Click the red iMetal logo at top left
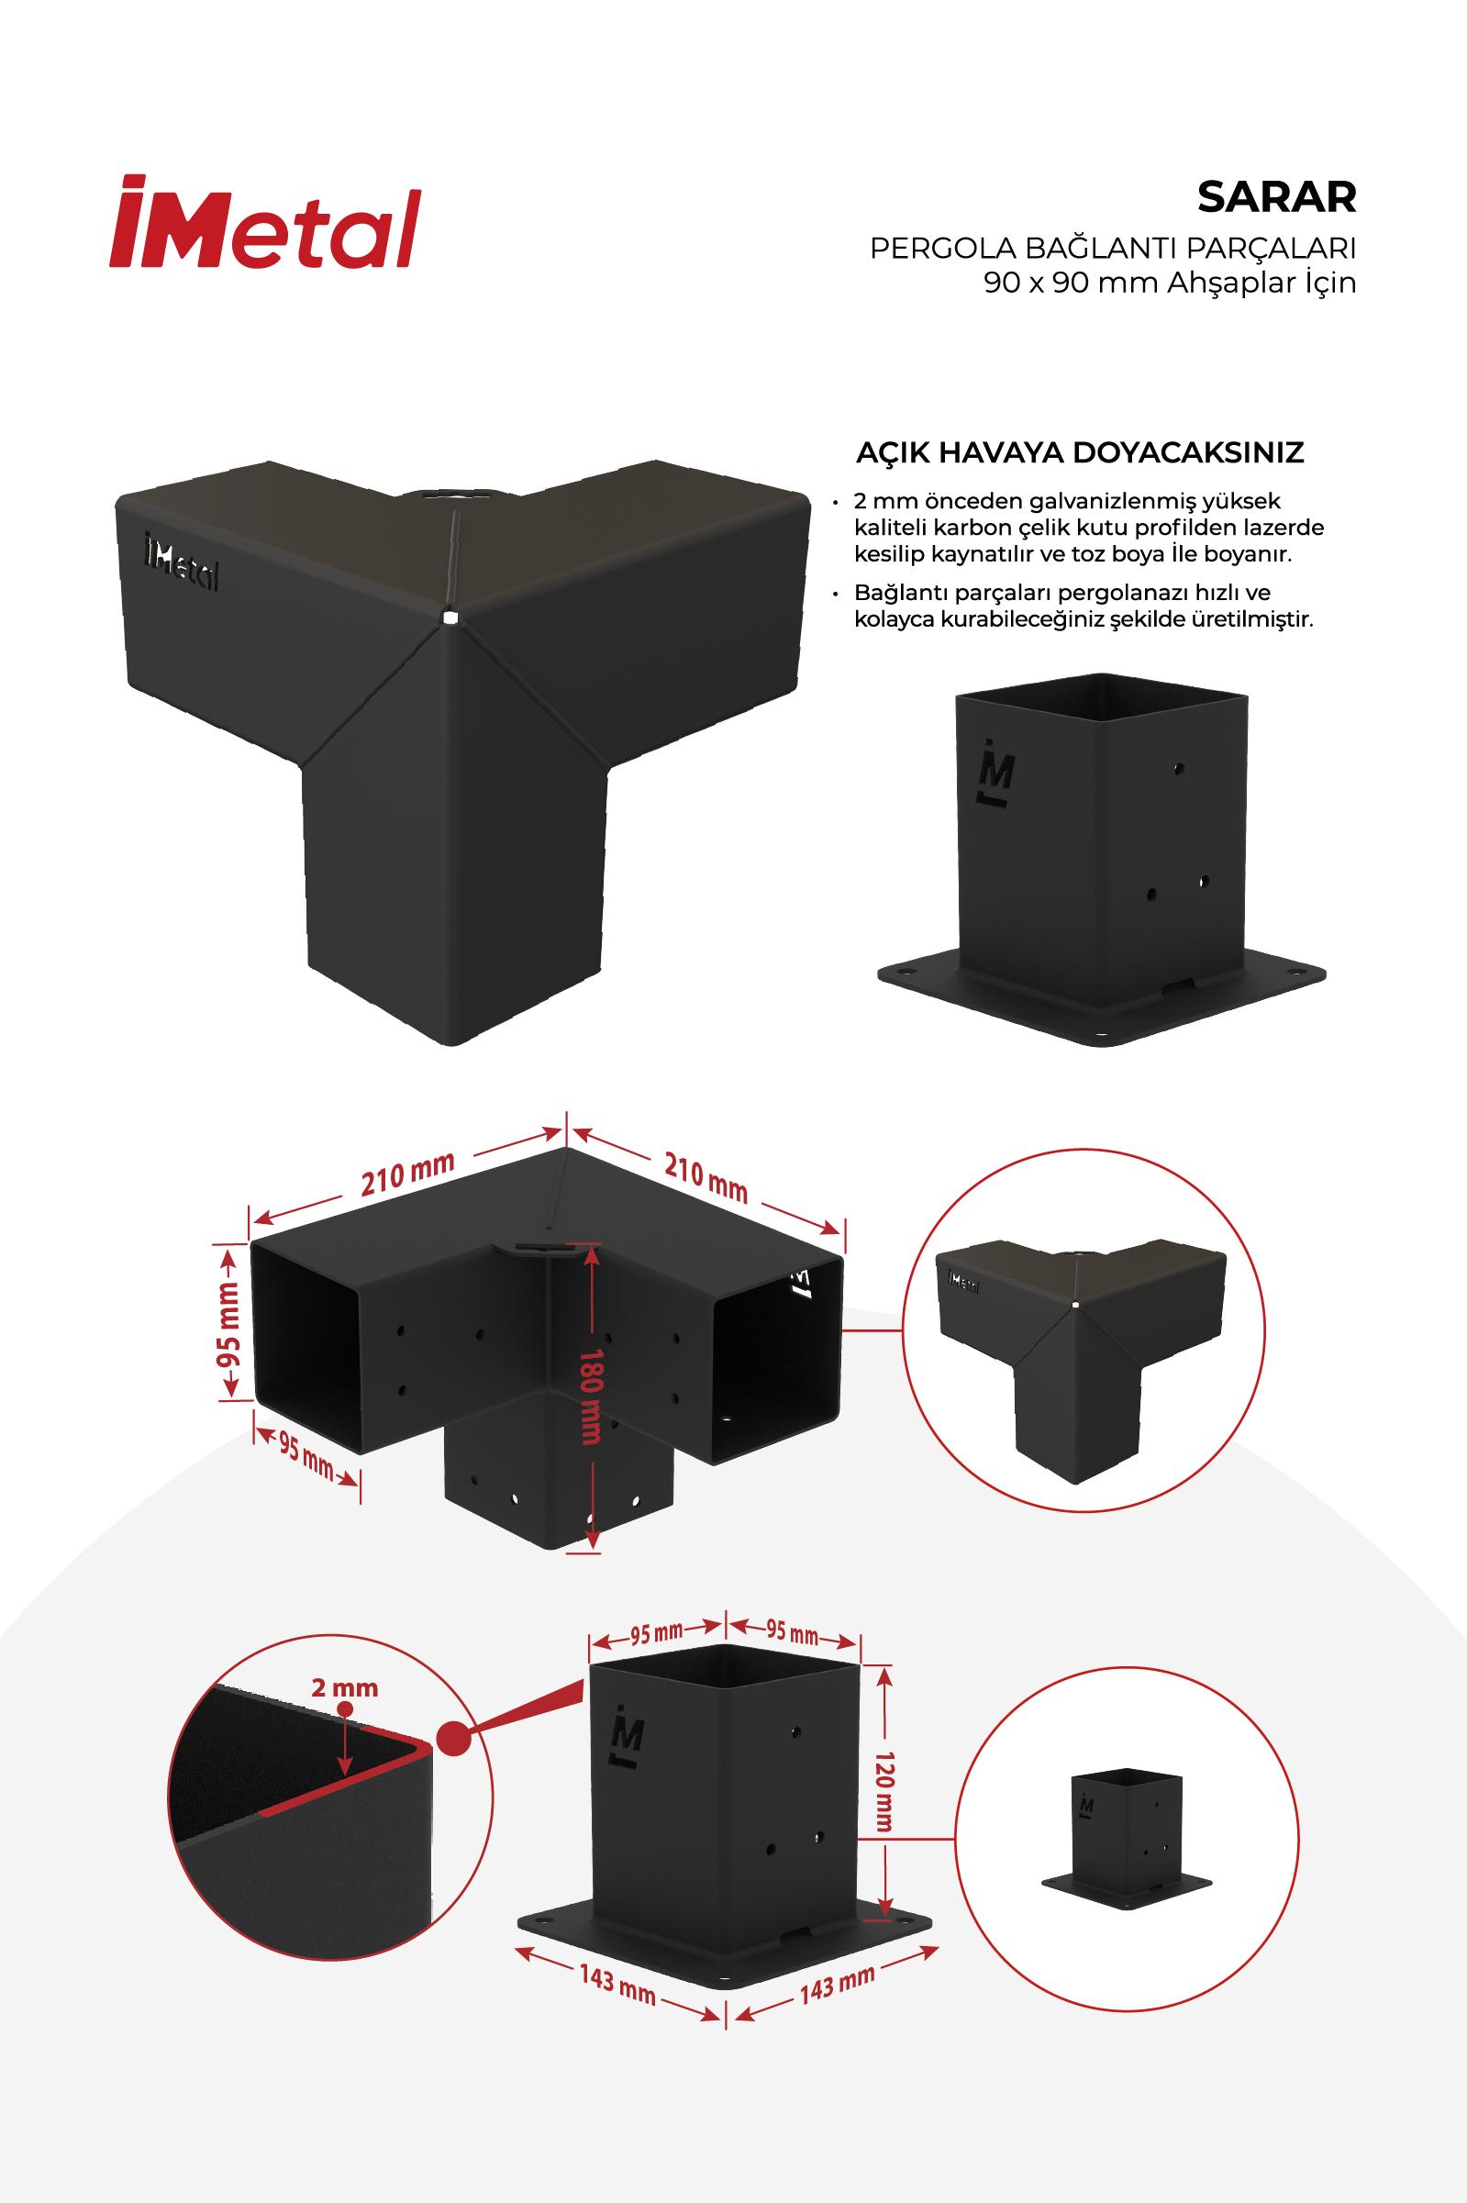[265, 223]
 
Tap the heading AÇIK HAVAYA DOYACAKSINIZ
[1081, 452]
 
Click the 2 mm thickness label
[345, 1686]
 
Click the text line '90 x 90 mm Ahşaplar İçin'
[1170, 284]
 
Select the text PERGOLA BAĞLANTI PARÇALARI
[1114, 250]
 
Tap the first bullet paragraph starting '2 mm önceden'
[1089, 528]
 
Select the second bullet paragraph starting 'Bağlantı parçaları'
[1085, 607]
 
